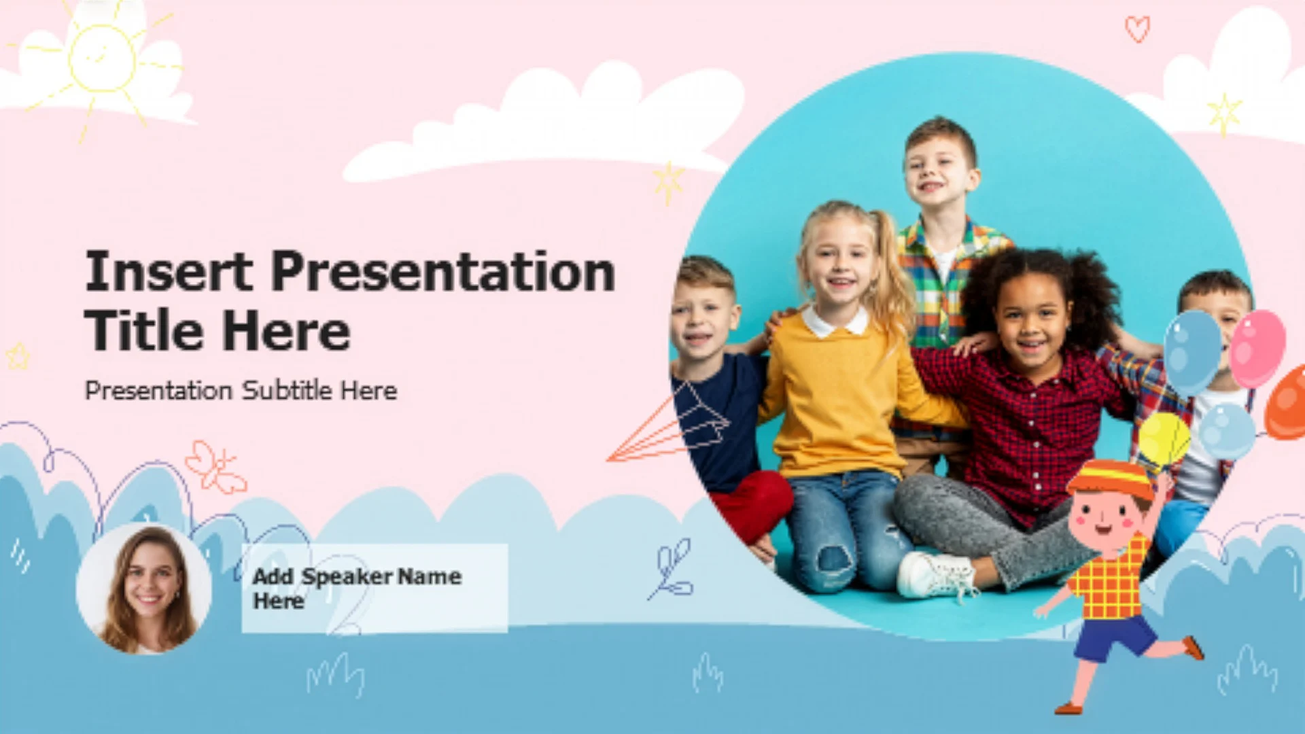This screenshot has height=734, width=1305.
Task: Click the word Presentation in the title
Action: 443,272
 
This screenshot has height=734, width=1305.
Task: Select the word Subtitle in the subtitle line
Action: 288,390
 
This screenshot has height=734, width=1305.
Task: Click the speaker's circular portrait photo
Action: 144,589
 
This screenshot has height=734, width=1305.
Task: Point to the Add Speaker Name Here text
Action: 357,589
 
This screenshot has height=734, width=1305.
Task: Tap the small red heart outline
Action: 1137,29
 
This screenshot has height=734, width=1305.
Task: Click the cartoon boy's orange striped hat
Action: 1111,478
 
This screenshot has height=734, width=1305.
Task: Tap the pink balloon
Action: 1257,348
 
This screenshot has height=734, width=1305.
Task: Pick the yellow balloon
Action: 1164,440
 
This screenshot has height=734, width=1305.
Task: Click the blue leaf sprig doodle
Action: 672,570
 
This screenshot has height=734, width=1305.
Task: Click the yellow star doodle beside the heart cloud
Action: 1224,113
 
